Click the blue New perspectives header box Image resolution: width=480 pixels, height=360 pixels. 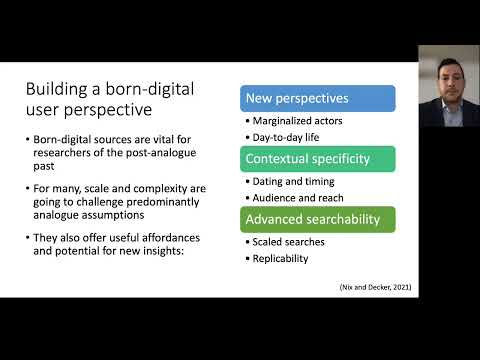(x=318, y=98)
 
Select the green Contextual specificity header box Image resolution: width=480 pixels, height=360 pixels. (x=318, y=158)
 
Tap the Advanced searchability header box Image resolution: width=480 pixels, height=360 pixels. (x=318, y=218)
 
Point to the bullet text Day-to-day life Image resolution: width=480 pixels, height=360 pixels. (x=285, y=136)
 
